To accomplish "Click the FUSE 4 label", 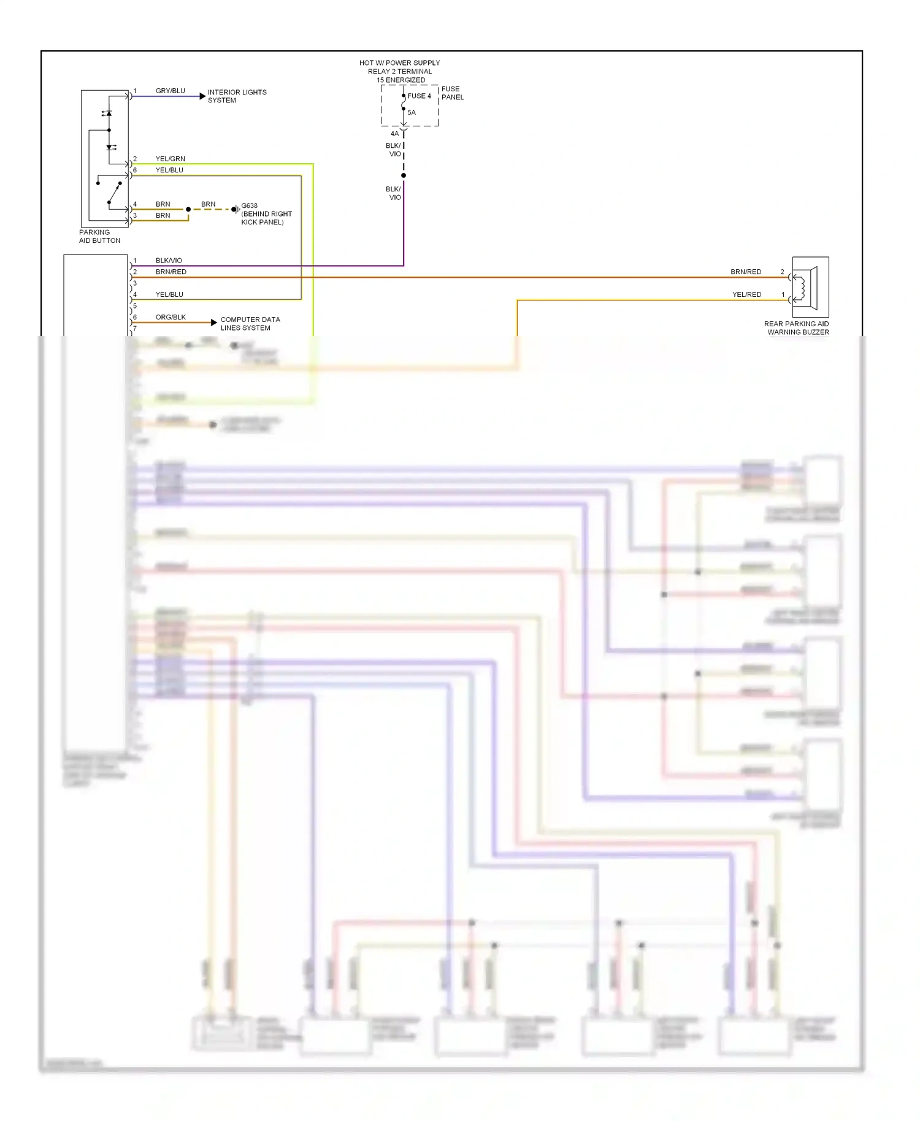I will (419, 96).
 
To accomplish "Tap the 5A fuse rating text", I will (412, 112).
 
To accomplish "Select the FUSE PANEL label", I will (452, 93).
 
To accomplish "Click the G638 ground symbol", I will (236, 210).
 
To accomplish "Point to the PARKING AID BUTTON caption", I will (99, 236).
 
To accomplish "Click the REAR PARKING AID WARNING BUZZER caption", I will (796, 328).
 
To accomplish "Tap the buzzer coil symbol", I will (800, 288).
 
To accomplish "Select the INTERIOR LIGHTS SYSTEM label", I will (237, 96).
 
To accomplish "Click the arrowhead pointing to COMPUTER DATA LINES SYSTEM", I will (213, 323).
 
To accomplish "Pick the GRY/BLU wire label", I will (170, 91).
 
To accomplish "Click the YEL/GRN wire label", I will (170, 159).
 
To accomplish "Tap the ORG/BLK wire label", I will (171, 317).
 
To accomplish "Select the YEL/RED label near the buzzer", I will (746, 294).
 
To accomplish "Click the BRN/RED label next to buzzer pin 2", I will (746, 272).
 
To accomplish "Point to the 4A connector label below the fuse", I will (394, 134).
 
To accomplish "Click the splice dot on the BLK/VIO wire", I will (404, 176).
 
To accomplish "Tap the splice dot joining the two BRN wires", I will (188, 210).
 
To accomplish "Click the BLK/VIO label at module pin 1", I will (169, 261).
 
